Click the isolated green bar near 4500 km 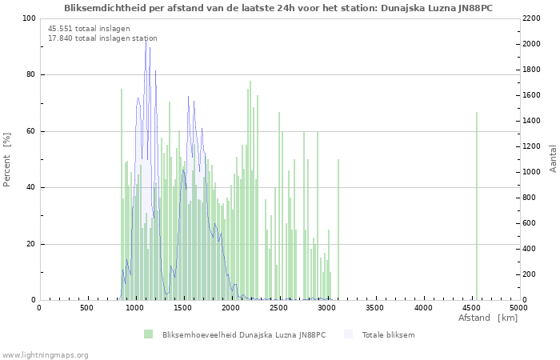click(477, 206)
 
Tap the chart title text click(278, 8)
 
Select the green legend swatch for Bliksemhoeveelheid click(148, 334)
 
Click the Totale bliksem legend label click(388, 334)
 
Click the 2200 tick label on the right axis click(531, 18)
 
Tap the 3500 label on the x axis click(375, 307)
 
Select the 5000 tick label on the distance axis click(519, 307)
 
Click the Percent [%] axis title click(6, 160)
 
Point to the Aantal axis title click(553, 158)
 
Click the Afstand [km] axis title click(488, 318)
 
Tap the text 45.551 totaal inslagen click(89, 29)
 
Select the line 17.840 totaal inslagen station click(102, 38)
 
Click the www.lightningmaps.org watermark click(45, 355)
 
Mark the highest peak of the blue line click(146, 40)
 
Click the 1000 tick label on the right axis click(531, 172)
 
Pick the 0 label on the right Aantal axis click(525, 300)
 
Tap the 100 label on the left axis click(30, 18)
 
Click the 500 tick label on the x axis click(86, 307)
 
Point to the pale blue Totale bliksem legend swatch click(348, 334)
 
